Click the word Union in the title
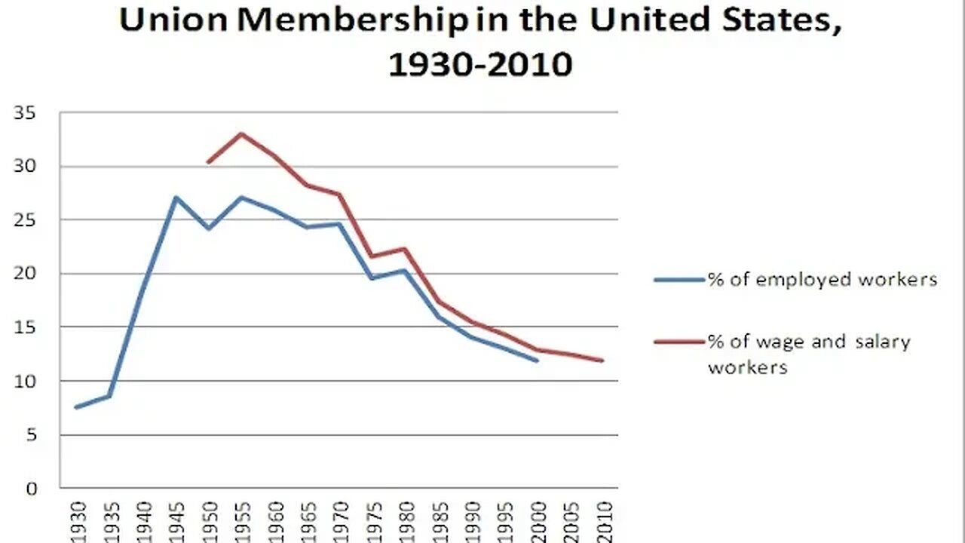173,21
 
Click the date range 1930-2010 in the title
480,65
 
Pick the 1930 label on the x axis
77,520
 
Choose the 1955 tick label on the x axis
241,520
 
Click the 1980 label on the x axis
406,520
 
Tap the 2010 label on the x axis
602,520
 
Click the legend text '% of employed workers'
822,280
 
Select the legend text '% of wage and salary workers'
808,354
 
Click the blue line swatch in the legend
679,280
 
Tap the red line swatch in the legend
679,342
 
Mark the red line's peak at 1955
241,134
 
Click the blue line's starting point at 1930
77,407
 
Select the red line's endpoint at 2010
602,360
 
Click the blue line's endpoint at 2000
537,360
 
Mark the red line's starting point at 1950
208,162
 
